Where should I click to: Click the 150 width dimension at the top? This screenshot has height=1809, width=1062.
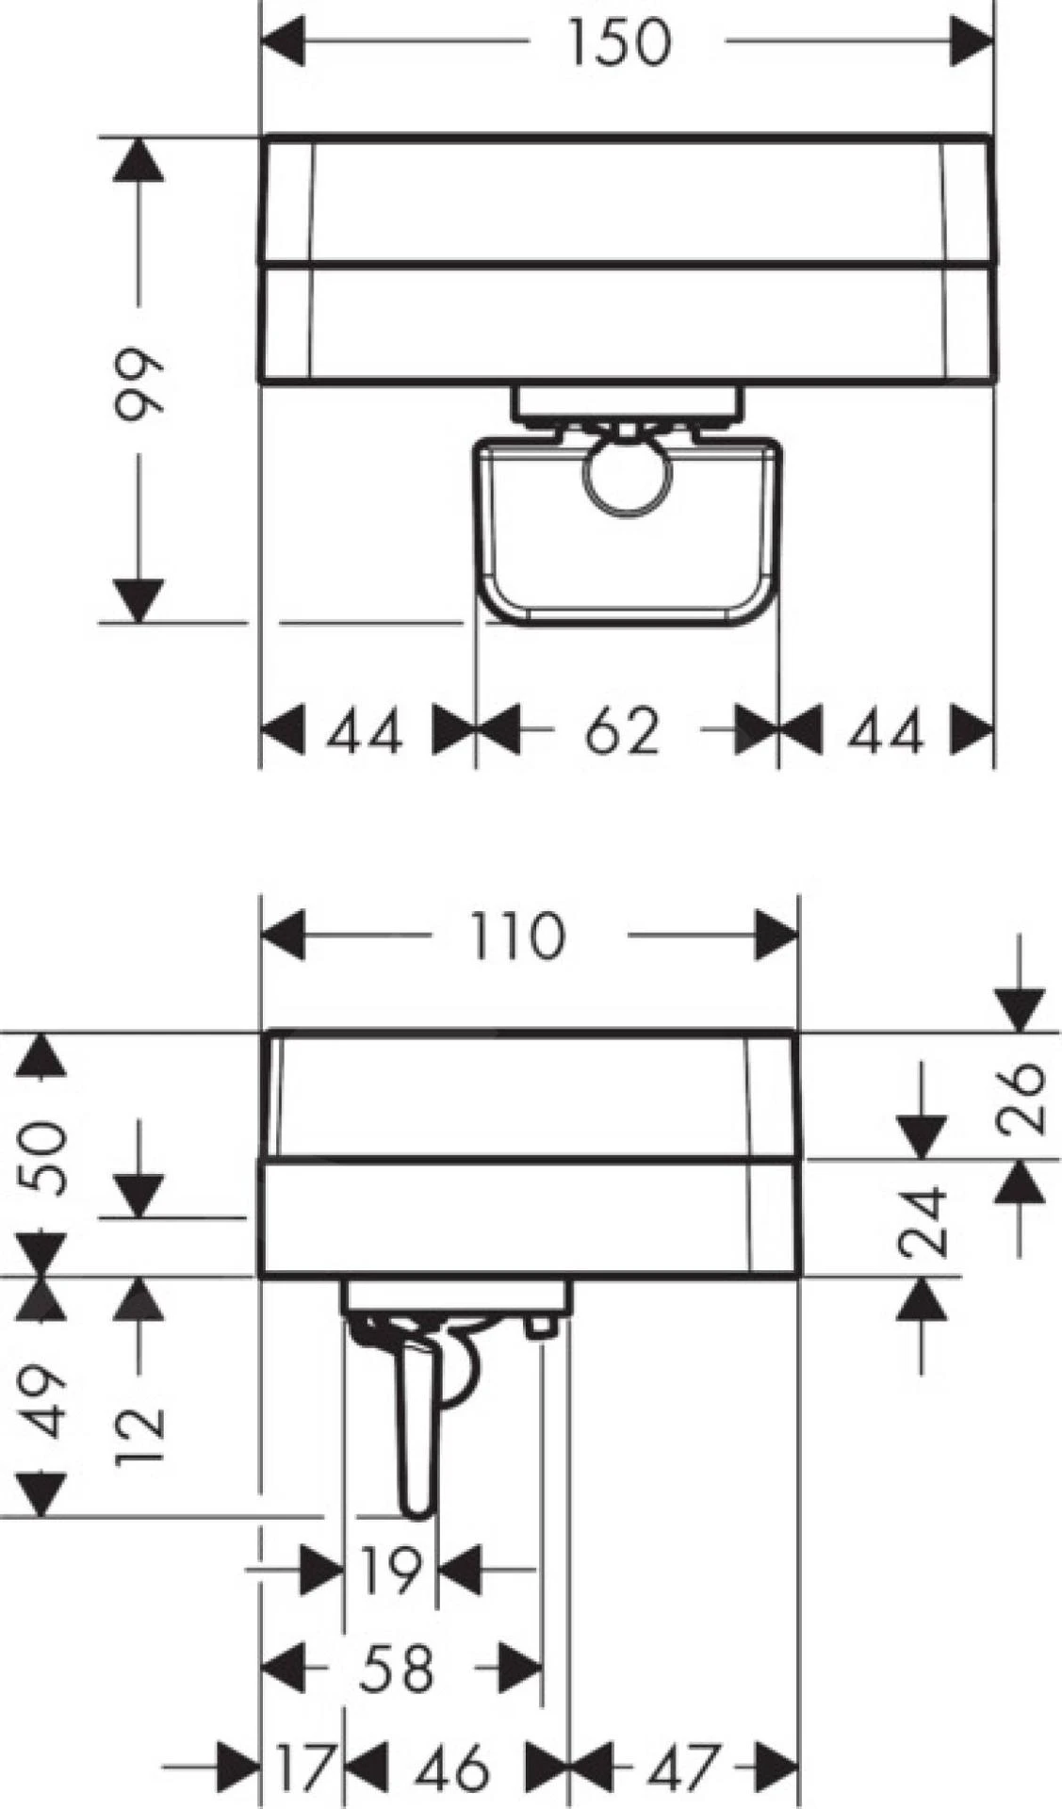(620, 42)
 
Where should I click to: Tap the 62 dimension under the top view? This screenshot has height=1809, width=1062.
(621, 730)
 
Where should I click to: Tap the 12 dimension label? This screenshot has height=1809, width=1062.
(140, 1436)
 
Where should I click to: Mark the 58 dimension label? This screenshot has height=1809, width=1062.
(396, 1668)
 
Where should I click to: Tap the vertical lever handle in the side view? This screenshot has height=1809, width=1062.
(417, 1413)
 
